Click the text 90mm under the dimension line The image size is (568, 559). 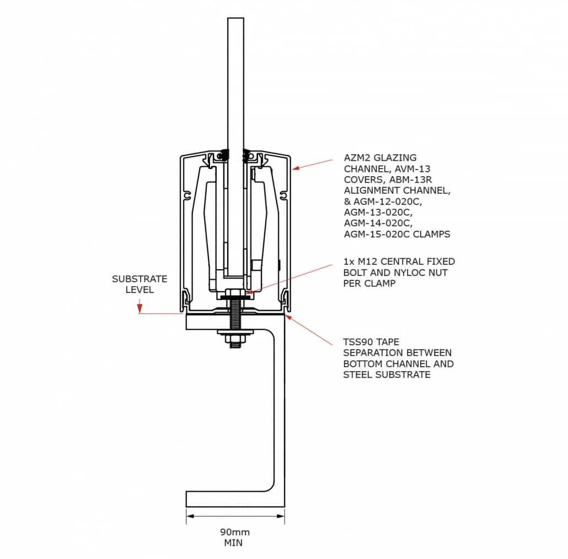[x=235, y=532]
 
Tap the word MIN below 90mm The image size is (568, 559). [x=233, y=542]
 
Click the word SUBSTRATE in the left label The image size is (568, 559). [x=140, y=279]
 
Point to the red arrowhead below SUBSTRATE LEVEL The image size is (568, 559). [x=140, y=308]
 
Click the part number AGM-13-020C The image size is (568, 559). [x=378, y=212]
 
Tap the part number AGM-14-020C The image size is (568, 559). [x=378, y=223]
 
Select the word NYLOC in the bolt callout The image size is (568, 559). [x=411, y=273]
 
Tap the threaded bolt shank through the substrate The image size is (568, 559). [x=235, y=319]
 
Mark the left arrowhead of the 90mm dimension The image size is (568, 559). [x=189, y=516]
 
